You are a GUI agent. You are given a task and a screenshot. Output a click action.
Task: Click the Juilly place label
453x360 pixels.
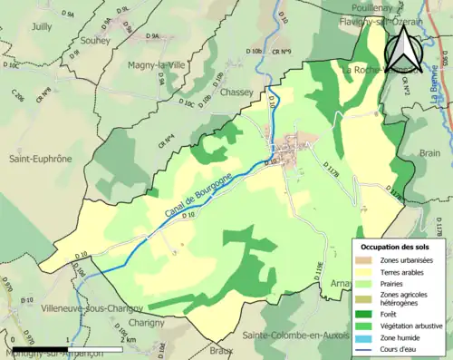(42, 27)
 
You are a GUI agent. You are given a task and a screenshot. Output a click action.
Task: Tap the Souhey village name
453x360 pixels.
(95, 42)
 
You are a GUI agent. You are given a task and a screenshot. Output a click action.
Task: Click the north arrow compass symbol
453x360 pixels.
(405, 44)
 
